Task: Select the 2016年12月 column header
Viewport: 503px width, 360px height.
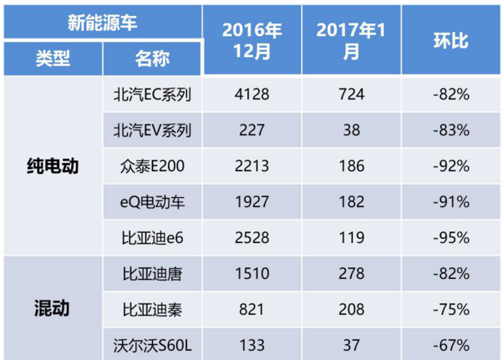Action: pyautogui.click(x=252, y=39)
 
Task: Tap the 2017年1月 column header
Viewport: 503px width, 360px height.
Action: pyautogui.click(x=351, y=39)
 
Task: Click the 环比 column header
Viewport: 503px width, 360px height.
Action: pyautogui.click(x=451, y=39)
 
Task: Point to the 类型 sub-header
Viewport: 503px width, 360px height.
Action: pyautogui.click(x=53, y=59)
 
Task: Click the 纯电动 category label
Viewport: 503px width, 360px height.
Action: pyautogui.click(x=53, y=166)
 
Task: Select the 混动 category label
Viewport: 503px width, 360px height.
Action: pyautogui.click(x=53, y=308)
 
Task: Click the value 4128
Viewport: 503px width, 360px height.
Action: pyautogui.click(x=252, y=94)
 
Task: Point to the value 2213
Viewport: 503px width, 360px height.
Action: pyautogui.click(x=252, y=166)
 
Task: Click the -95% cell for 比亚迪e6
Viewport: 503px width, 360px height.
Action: pyautogui.click(x=451, y=237)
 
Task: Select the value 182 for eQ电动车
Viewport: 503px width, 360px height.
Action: pyautogui.click(x=351, y=201)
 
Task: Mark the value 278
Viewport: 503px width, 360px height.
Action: pyautogui.click(x=351, y=273)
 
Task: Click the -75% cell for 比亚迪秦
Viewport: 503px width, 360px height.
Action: pyautogui.click(x=451, y=308)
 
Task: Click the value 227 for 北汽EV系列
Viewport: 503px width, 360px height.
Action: pyautogui.click(x=252, y=130)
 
